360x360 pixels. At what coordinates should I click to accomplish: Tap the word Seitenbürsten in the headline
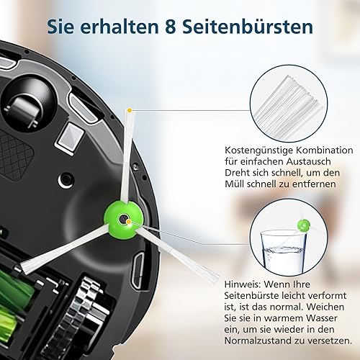click(248, 27)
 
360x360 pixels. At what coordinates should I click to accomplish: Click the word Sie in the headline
click(60, 27)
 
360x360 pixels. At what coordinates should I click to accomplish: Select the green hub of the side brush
click(124, 220)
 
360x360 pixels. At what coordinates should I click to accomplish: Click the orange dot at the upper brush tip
click(130, 110)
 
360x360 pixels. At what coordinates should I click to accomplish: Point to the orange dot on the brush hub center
click(129, 221)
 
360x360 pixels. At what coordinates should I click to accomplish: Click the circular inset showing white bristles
click(289, 104)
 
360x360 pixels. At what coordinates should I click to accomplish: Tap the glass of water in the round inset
click(283, 251)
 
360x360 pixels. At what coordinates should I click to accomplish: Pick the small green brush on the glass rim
click(304, 225)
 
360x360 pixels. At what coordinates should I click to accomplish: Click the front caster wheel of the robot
click(23, 112)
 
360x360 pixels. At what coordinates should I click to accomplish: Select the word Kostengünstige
click(258, 151)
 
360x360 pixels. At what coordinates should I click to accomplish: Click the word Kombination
click(325, 150)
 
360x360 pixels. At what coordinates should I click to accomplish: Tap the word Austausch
click(308, 161)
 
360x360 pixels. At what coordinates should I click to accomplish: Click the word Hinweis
click(243, 284)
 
